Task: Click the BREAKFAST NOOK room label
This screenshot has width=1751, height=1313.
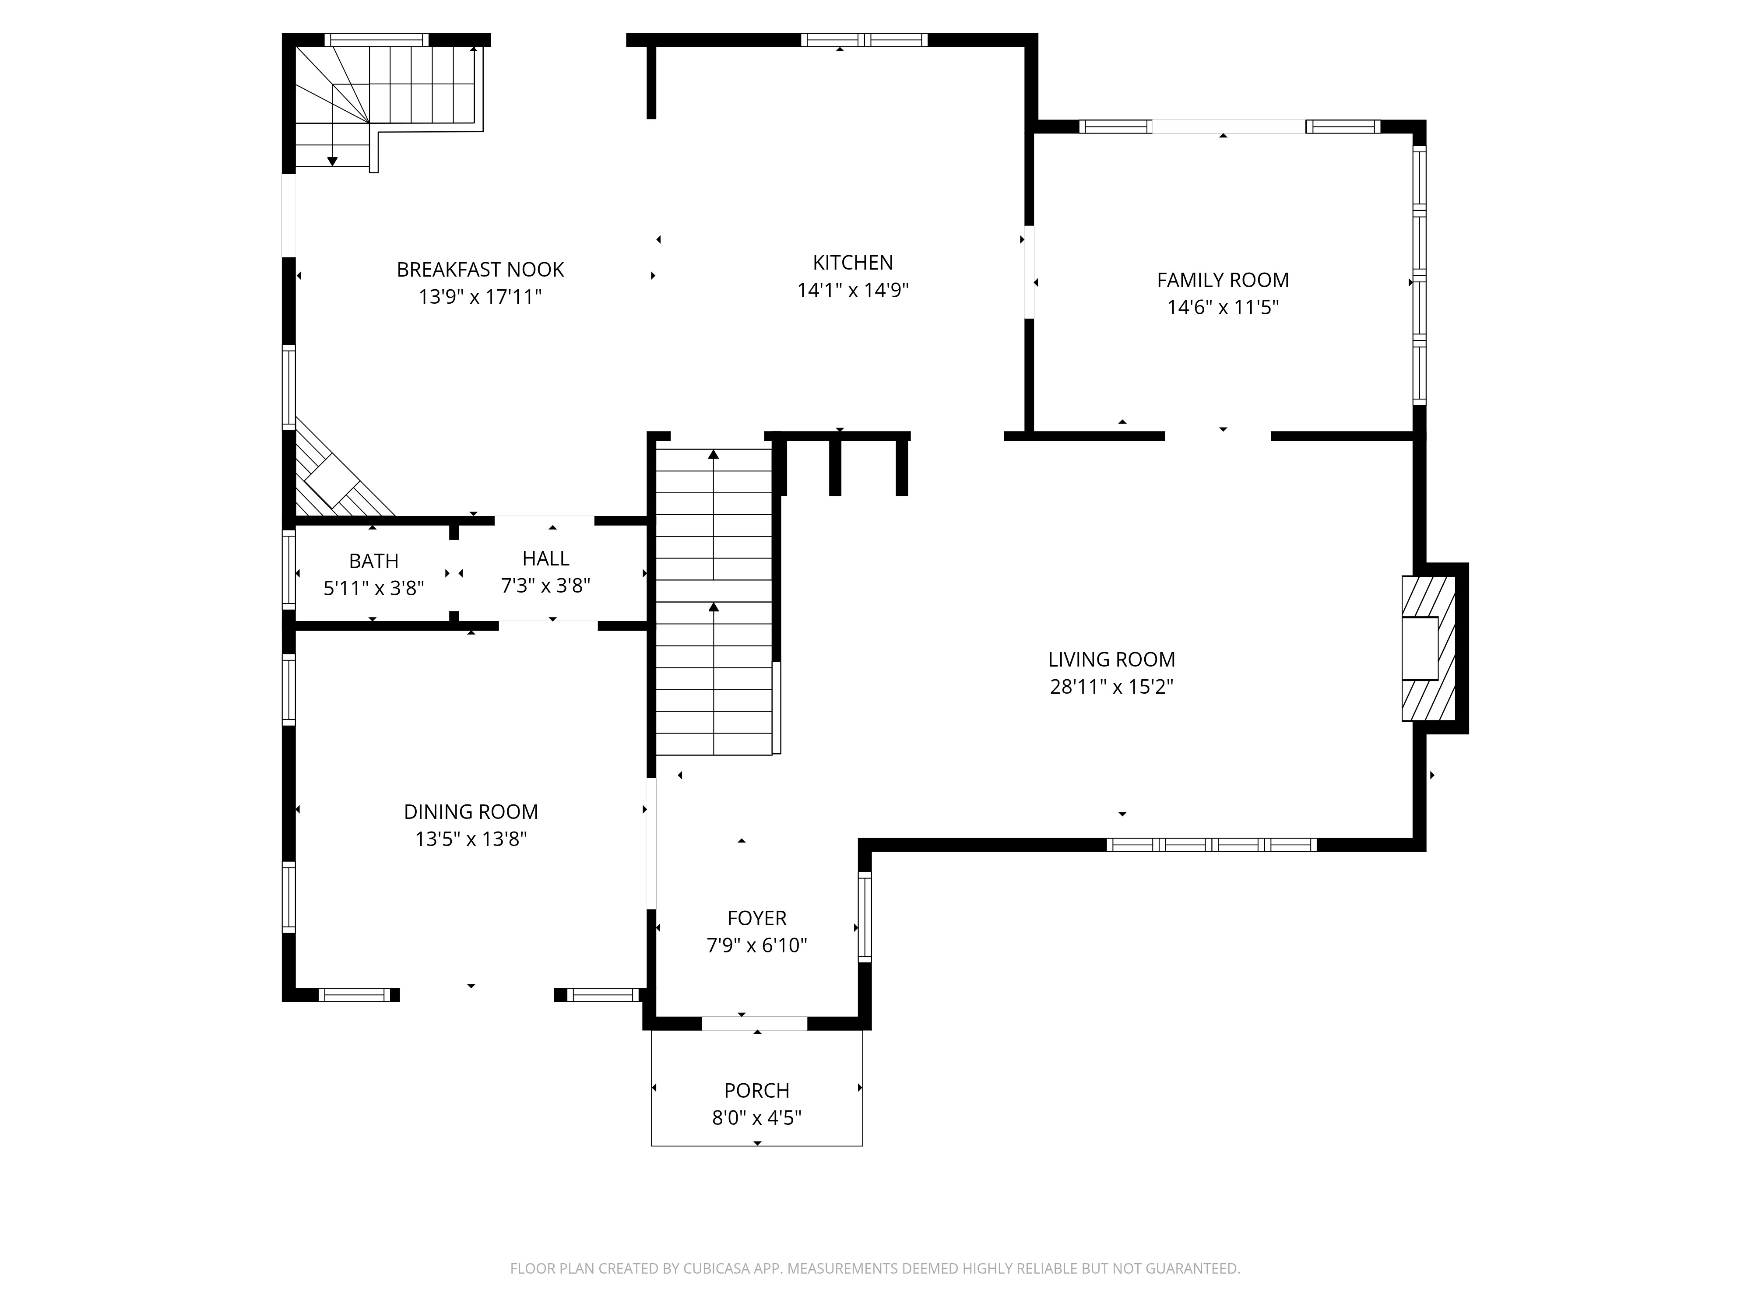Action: click(x=480, y=270)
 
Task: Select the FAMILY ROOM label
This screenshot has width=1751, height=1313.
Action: click(x=1222, y=280)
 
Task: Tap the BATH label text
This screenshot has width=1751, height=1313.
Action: click(x=374, y=561)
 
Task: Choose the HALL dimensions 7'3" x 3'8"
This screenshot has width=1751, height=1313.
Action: click(x=545, y=586)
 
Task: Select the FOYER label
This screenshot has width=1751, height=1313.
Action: click(x=757, y=918)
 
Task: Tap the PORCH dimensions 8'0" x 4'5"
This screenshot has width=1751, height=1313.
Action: click(x=757, y=1117)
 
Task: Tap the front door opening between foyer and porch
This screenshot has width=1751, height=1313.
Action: click(x=754, y=1023)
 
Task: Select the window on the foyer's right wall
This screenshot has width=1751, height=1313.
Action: click(x=865, y=916)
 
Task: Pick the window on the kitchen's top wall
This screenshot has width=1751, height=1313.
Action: click(x=864, y=39)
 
